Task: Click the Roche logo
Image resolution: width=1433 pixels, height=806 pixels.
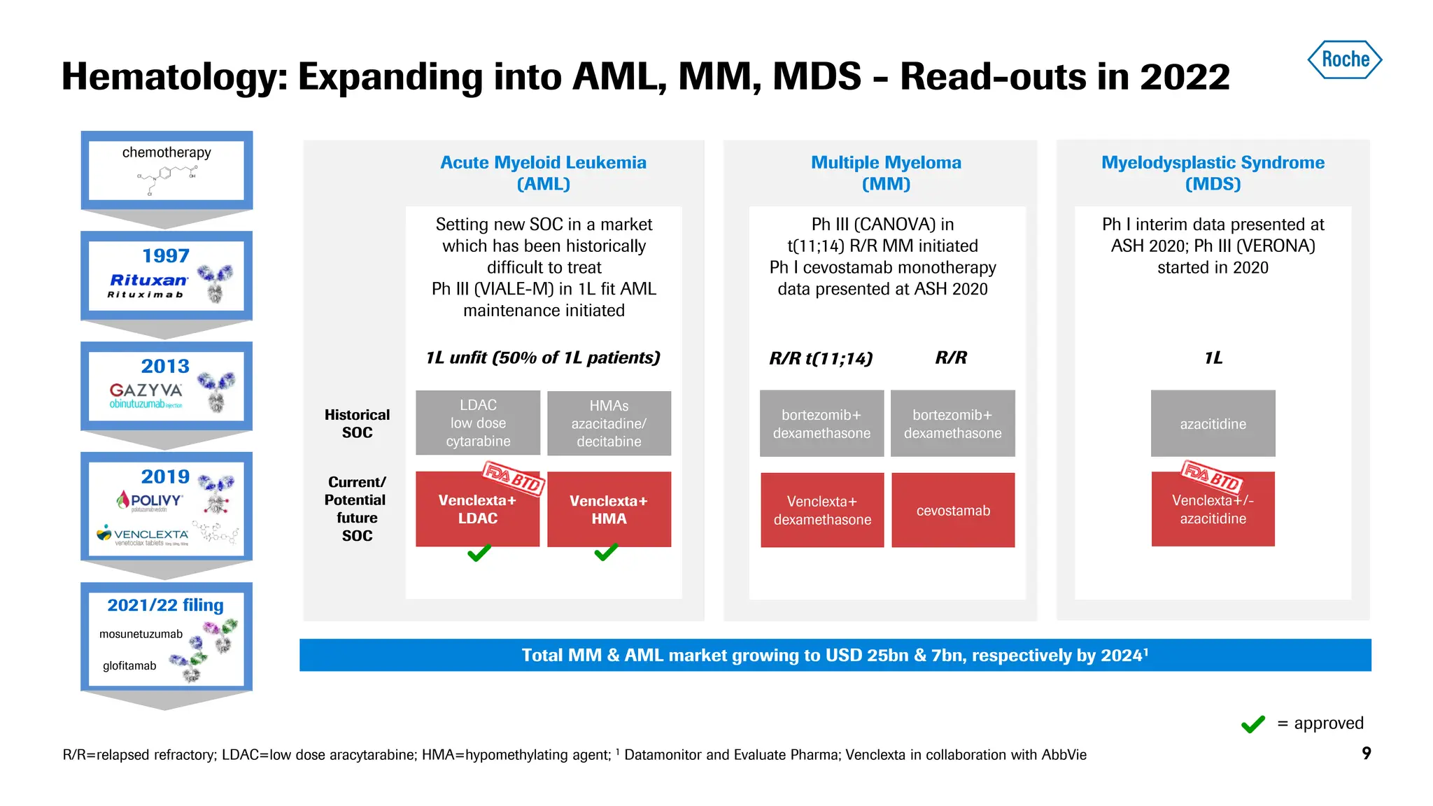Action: click(1344, 59)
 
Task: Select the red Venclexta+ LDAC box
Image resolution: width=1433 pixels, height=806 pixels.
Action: click(477, 509)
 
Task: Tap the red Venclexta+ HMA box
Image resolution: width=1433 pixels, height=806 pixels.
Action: click(609, 509)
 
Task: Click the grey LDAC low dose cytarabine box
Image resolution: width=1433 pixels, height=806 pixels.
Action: click(478, 423)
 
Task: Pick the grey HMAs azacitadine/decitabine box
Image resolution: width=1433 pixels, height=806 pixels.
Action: click(609, 423)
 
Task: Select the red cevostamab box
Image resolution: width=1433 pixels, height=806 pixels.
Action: click(953, 510)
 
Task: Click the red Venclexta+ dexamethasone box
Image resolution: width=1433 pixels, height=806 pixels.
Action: click(822, 510)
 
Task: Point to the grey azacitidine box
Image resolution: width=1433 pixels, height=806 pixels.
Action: click(1213, 423)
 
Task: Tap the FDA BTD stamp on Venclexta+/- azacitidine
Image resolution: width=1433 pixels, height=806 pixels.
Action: click(1211, 477)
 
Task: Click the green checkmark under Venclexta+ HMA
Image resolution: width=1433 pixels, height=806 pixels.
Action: click(606, 552)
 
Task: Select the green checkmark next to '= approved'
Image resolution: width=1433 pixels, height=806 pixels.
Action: click(1252, 723)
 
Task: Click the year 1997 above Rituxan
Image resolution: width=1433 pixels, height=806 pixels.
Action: click(166, 255)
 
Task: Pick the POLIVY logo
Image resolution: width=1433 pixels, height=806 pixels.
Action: click(150, 500)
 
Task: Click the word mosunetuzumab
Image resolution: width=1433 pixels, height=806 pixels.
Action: click(141, 634)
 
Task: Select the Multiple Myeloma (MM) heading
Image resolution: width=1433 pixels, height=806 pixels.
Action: click(886, 173)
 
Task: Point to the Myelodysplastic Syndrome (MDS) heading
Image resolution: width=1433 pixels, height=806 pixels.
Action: click(1213, 173)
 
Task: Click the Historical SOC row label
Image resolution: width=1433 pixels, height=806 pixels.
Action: click(357, 423)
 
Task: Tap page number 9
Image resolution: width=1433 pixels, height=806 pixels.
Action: click(1366, 753)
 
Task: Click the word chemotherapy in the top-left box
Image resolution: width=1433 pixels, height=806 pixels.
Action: click(167, 153)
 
